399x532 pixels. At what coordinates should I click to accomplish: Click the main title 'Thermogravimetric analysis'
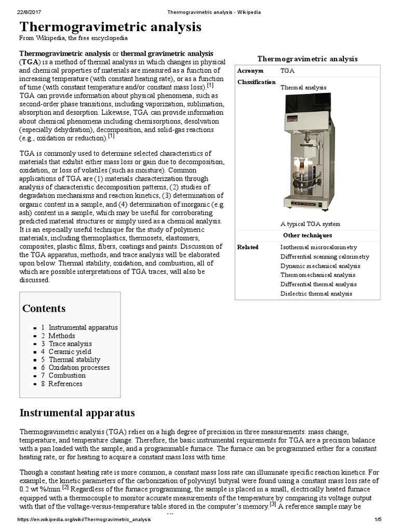(110, 27)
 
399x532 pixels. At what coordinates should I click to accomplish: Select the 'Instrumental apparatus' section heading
(77, 413)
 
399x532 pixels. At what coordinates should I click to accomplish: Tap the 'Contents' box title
(44, 309)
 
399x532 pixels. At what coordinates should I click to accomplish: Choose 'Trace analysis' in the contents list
(70, 344)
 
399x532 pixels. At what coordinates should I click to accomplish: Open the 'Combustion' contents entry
(67, 376)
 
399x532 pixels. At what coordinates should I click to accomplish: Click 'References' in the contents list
(65, 384)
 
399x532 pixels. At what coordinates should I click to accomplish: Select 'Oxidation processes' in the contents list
(79, 368)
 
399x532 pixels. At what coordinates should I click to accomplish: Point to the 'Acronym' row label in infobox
(250, 71)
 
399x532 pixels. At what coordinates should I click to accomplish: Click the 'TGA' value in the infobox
(287, 71)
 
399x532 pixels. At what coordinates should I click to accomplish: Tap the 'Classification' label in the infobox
(256, 82)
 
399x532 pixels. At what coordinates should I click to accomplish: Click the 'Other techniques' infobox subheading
(308, 235)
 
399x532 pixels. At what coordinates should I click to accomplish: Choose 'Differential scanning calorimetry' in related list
(325, 257)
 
